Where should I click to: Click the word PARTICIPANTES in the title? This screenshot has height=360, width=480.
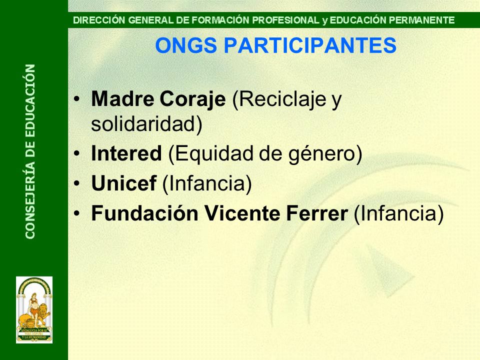click(x=310, y=45)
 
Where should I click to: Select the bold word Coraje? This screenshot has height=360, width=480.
click(x=192, y=99)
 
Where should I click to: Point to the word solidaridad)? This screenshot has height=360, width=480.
click(x=146, y=124)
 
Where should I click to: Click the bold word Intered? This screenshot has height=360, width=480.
click(x=126, y=153)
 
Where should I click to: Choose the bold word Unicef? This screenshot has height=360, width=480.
click(x=124, y=183)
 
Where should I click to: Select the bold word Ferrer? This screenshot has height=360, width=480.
click(x=317, y=213)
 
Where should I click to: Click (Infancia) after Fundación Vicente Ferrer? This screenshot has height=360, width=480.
click(x=398, y=214)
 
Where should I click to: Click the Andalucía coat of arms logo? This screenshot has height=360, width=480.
click(x=34, y=310)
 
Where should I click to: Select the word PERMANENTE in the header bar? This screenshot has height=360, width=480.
click(x=422, y=20)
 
